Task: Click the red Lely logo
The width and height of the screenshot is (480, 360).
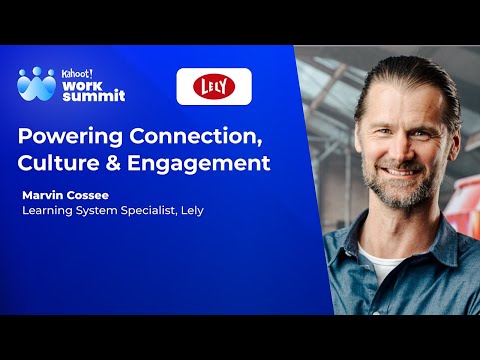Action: tap(214, 87)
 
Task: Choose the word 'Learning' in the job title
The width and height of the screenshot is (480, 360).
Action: tap(49, 210)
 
